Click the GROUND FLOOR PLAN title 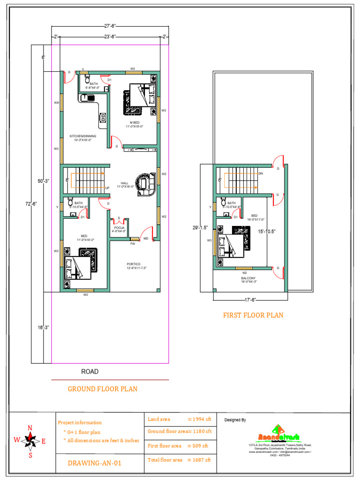(103, 389)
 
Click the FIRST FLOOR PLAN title (253, 315)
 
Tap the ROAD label (90, 372)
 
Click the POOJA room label (119, 229)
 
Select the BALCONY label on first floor (248, 280)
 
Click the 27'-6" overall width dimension (111, 27)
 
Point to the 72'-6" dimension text (31, 203)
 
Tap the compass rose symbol (30, 440)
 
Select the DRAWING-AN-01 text (96, 463)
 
